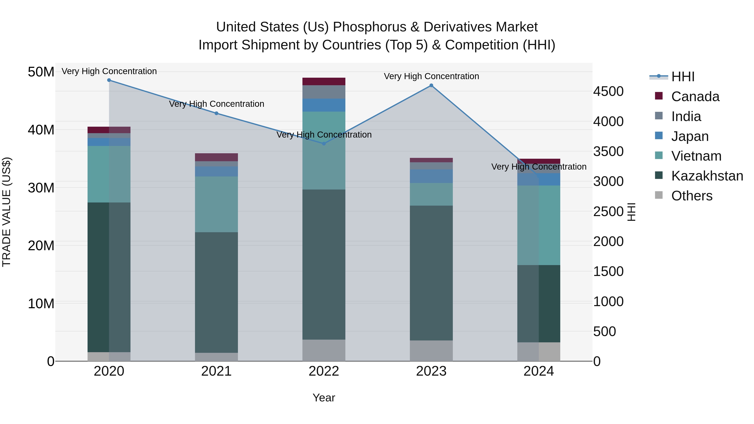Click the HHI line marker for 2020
[x=109, y=80]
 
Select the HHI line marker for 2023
[x=431, y=85]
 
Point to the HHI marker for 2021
[x=216, y=113]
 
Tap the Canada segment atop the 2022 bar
[x=324, y=81]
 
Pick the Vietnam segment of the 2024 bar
[x=538, y=225]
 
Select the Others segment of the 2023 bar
[x=431, y=350]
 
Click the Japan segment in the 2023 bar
[x=431, y=176]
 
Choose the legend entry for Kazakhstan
[x=707, y=176]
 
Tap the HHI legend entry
[x=682, y=77]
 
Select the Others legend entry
[x=691, y=196]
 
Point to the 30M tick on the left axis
[x=41, y=188]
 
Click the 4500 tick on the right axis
[x=608, y=91]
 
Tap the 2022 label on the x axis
[x=324, y=371]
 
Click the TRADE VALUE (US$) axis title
[x=6, y=212]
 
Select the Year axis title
[x=324, y=398]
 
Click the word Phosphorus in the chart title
[x=370, y=27]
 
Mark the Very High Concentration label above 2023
[x=431, y=76]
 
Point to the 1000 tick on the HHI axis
[x=608, y=301]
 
